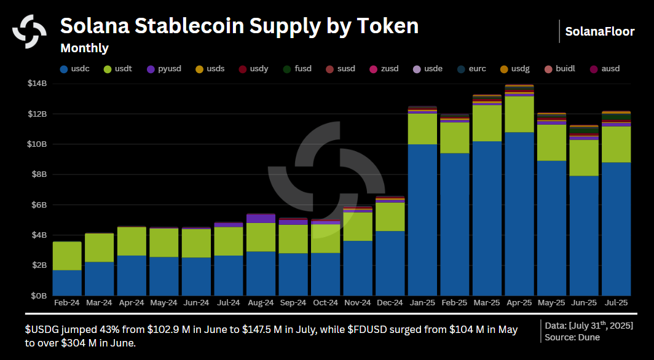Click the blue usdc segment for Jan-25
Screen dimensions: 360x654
click(422, 220)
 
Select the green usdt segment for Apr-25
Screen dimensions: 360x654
click(519, 114)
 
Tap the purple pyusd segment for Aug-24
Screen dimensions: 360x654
click(261, 219)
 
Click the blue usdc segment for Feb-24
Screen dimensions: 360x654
click(67, 283)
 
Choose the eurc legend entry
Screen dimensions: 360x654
click(471, 69)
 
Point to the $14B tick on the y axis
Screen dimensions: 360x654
click(37, 84)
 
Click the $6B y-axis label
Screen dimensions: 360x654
click(39, 205)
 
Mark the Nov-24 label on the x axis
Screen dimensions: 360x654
click(357, 303)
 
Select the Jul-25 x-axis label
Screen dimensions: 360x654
click(615, 303)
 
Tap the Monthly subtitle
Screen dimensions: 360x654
click(84, 48)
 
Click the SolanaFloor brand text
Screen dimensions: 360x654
click(599, 31)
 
